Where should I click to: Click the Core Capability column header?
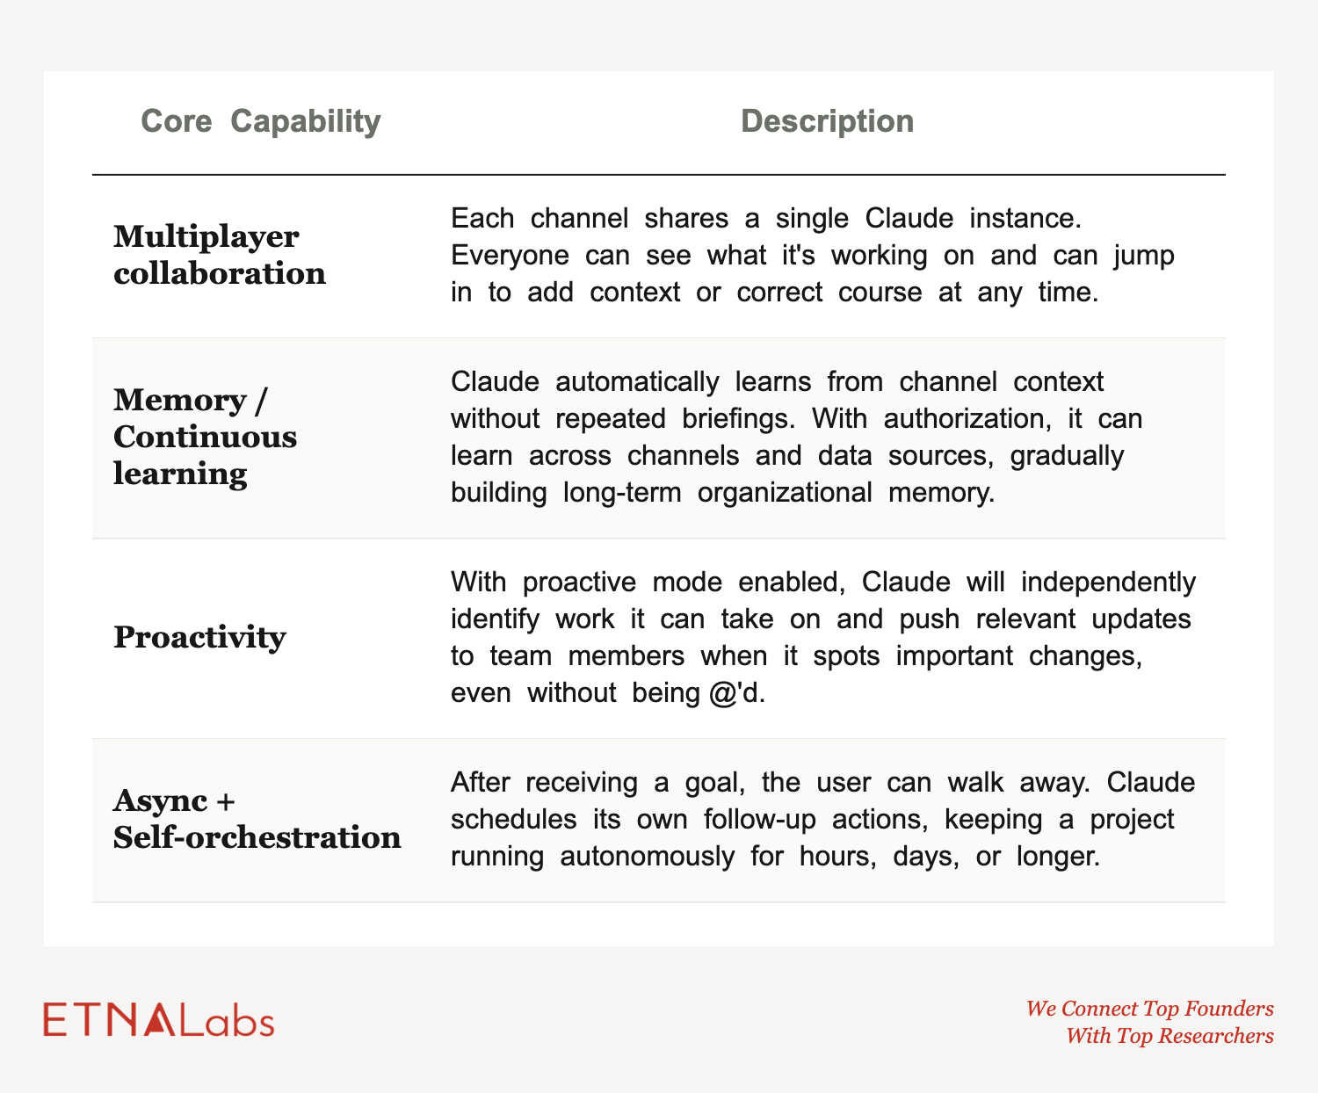click(261, 121)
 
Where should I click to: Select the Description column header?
click(827, 121)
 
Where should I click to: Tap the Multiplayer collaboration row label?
click(219, 256)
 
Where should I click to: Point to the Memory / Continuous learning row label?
click(205, 438)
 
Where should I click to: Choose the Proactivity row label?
click(199, 637)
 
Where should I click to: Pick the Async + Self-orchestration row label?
click(257, 819)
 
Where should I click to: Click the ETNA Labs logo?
click(158, 1020)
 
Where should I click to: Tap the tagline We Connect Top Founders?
click(1149, 1009)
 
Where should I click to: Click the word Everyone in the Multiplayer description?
click(510, 257)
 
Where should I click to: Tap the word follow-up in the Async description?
click(759, 820)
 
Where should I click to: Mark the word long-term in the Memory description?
click(622, 493)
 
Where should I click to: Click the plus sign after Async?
click(225, 802)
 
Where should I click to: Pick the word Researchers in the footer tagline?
click(1216, 1036)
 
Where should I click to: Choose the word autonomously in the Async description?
click(647, 857)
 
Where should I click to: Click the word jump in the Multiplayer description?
click(1143, 257)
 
